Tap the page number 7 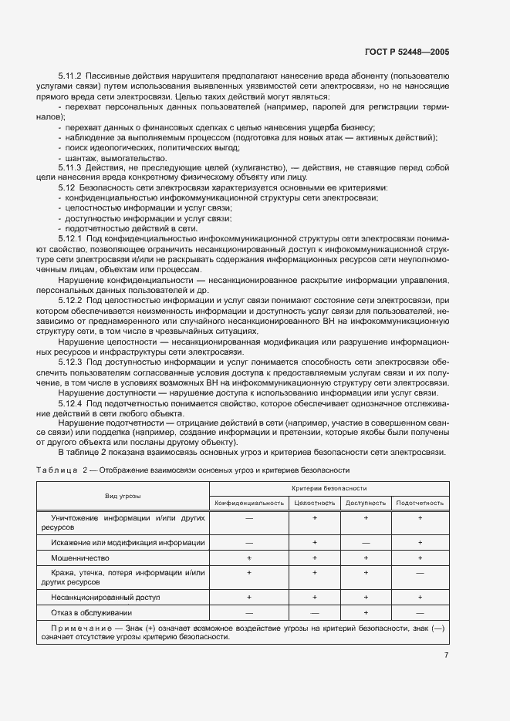447,656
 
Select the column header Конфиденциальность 248,503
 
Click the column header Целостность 314,503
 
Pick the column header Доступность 366,503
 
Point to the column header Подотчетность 420,503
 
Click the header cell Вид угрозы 123,495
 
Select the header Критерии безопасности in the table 329,488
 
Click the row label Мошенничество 80,557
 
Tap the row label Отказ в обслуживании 89,612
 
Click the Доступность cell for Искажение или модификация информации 366,542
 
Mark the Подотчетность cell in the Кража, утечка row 420,573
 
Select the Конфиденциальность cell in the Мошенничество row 248,557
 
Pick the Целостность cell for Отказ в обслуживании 314,612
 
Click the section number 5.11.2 69,76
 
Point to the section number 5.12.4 69,403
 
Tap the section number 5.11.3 69,167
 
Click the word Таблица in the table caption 56,470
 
